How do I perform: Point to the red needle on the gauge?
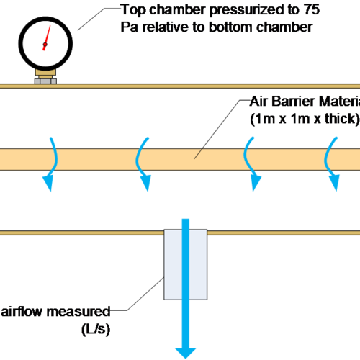(47, 37)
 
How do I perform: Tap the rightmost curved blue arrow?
(332, 163)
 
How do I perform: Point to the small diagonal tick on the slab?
(199, 153)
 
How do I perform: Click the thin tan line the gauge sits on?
(180, 86)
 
